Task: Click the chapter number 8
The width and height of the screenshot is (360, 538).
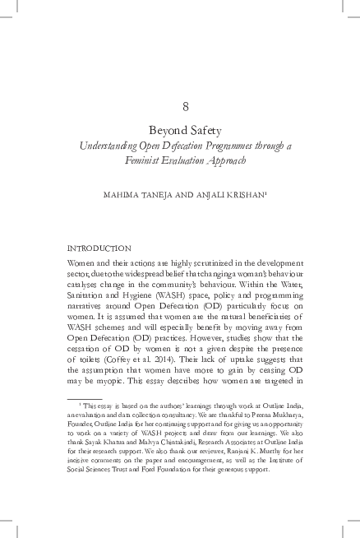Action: tap(180, 106)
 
